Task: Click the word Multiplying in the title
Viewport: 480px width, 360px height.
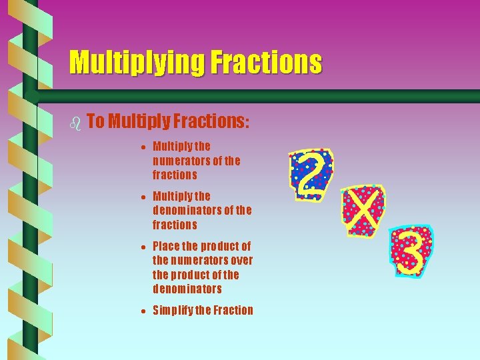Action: click(x=137, y=63)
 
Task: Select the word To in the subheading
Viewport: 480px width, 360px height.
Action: click(x=95, y=121)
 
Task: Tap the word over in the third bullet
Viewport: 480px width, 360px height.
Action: click(x=239, y=261)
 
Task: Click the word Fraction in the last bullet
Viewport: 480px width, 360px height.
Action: click(x=233, y=310)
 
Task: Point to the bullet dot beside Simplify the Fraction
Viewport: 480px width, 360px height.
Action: click(x=144, y=311)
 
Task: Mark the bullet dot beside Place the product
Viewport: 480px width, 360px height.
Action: click(x=144, y=247)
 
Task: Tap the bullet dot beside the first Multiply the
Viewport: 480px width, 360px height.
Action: click(x=144, y=147)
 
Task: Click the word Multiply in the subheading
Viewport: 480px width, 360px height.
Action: click(x=138, y=121)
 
